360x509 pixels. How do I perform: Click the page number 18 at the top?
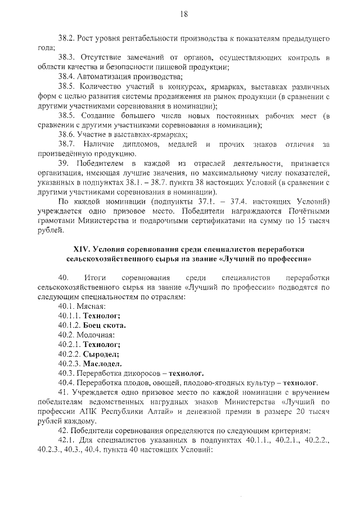[x=183, y=15]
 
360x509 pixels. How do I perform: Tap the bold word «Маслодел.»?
[x=103, y=364]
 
